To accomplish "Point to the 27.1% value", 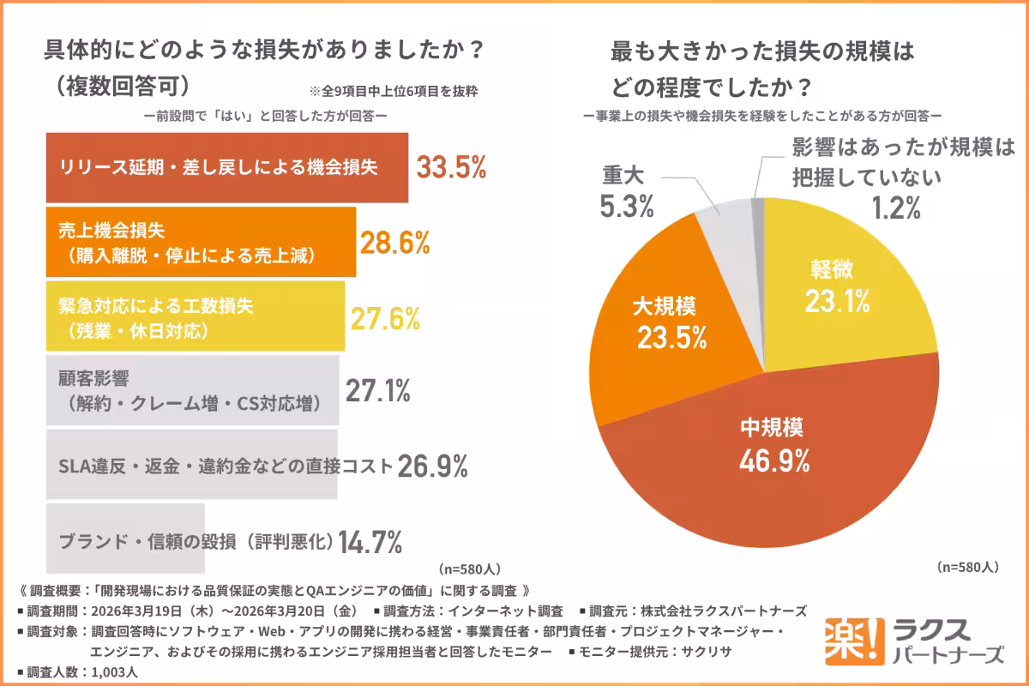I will tap(377, 391).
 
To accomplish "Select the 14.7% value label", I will tap(370, 541).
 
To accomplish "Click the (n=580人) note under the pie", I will tap(967, 567).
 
